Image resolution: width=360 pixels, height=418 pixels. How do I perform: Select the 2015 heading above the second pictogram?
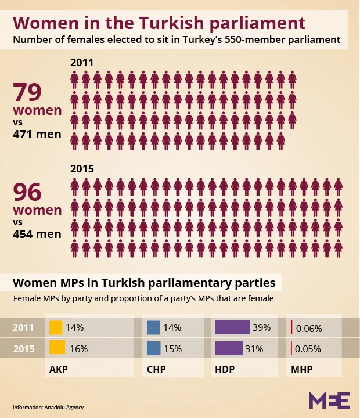tap(82, 169)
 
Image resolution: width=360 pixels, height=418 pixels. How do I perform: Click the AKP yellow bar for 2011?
tap(56, 327)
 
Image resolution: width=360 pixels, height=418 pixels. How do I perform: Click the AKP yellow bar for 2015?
tap(57, 348)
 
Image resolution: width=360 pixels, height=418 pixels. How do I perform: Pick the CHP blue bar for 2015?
tap(153, 348)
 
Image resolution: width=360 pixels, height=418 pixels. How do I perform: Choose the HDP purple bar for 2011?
tap(232, 327)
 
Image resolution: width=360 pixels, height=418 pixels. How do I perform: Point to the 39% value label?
tap(261, 327)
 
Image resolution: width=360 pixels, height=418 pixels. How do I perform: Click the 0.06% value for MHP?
tap(309, 328)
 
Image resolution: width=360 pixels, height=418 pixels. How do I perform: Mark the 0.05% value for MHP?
tap(309, 349)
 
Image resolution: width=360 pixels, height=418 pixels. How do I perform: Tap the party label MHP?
tap(301, 369)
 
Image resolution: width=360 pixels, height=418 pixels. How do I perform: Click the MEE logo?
tap(329, 401)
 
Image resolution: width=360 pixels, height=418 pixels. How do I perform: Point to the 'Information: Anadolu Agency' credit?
tap(48, 407)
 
